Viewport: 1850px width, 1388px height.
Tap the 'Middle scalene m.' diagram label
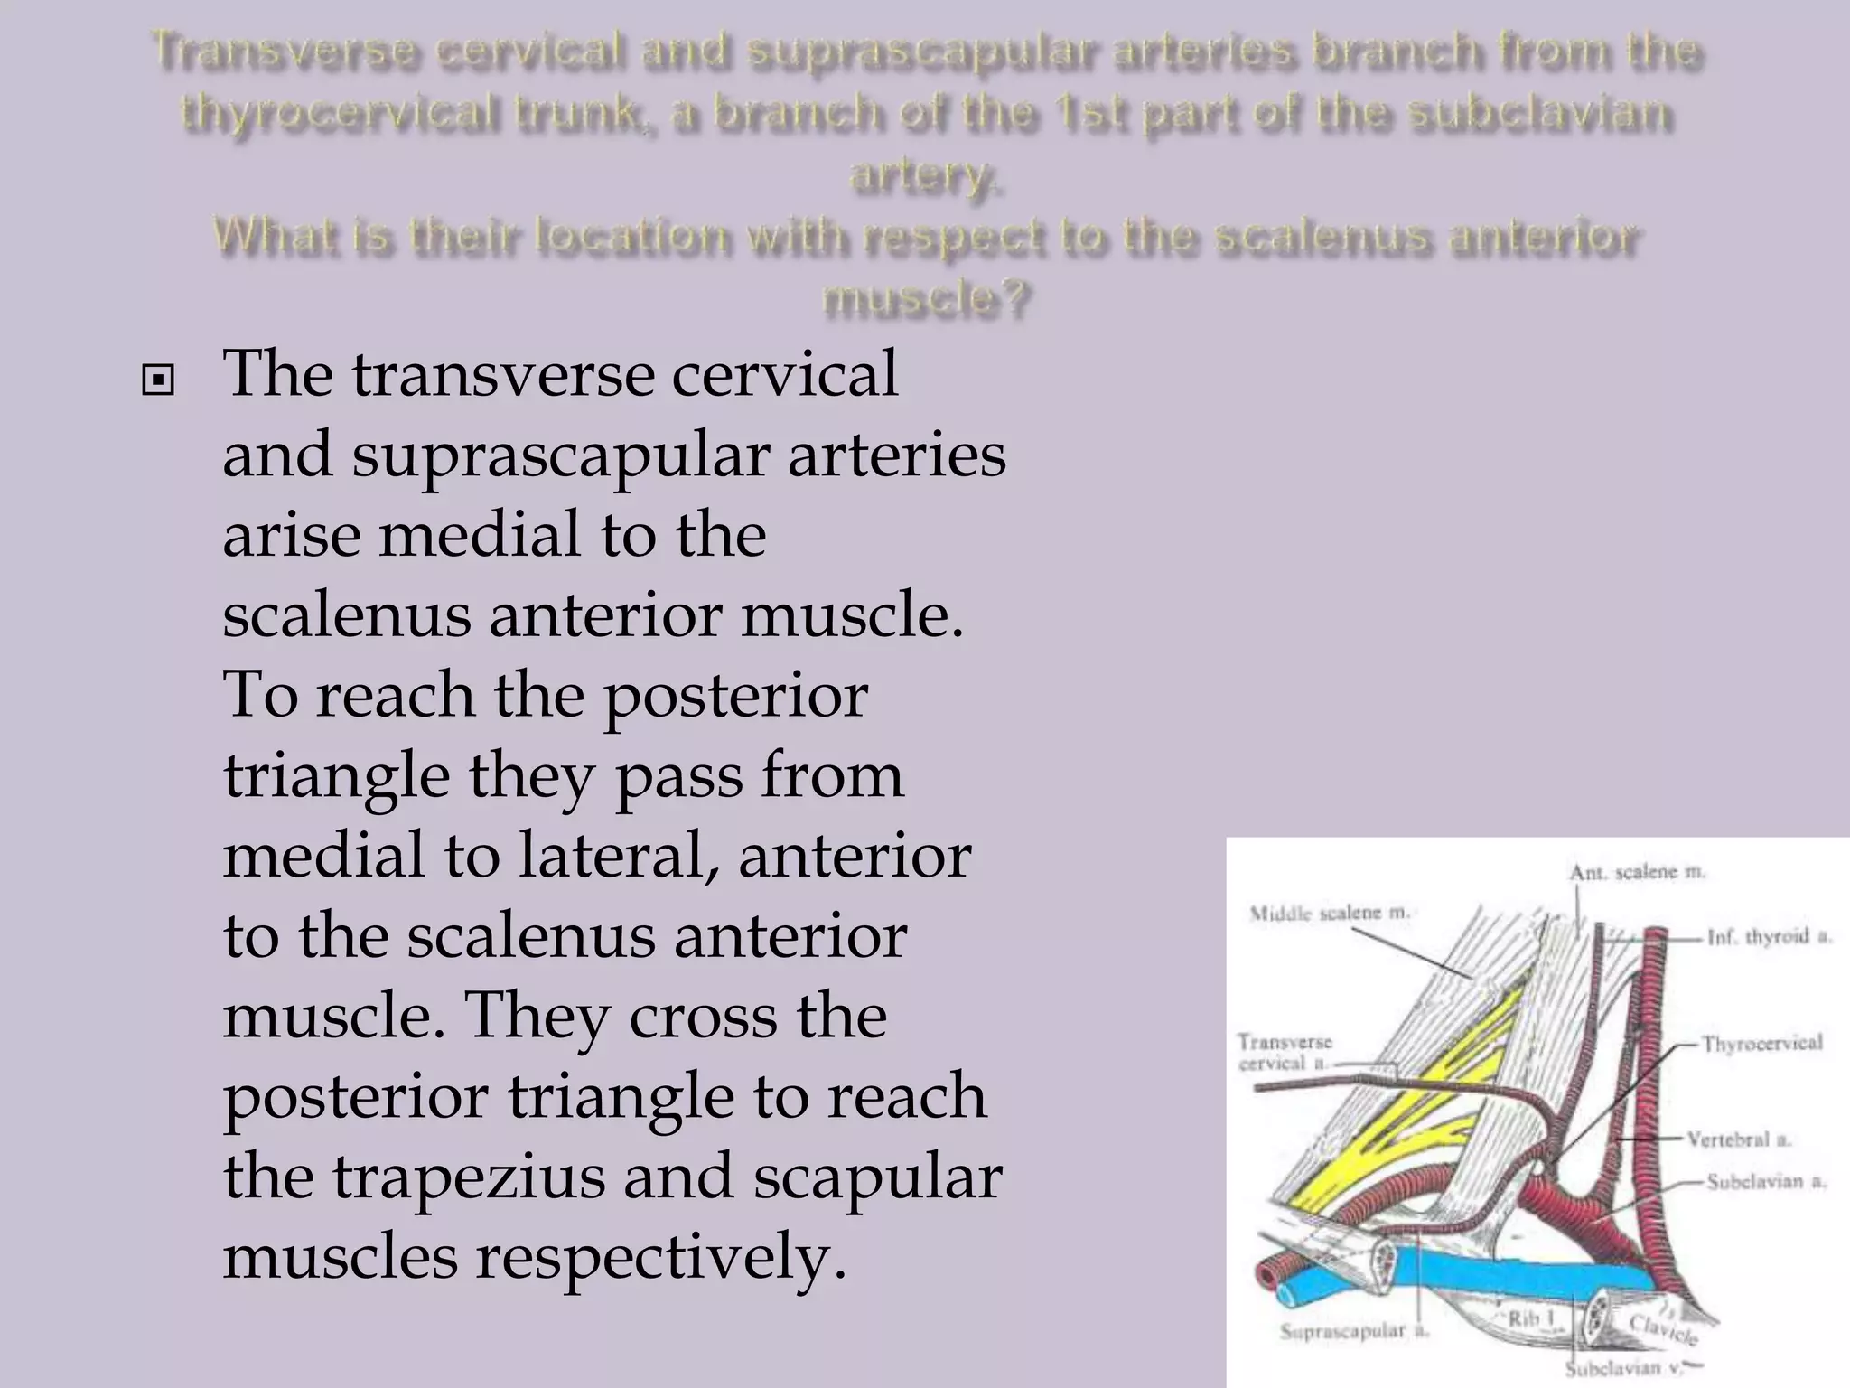[x=1329, y=913]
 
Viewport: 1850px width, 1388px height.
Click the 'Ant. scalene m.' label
[x=1637, y=872]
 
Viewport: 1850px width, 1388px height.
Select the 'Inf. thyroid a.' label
[x=1769, y=937]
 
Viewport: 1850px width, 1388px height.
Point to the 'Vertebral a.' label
[x=1739, y=1139]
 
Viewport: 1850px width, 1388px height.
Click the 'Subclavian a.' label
[x=1766, y=1181]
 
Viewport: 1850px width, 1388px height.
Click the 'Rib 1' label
[x=1532, y=1319]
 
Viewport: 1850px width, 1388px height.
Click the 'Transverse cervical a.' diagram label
[x=1284, y=1053]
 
